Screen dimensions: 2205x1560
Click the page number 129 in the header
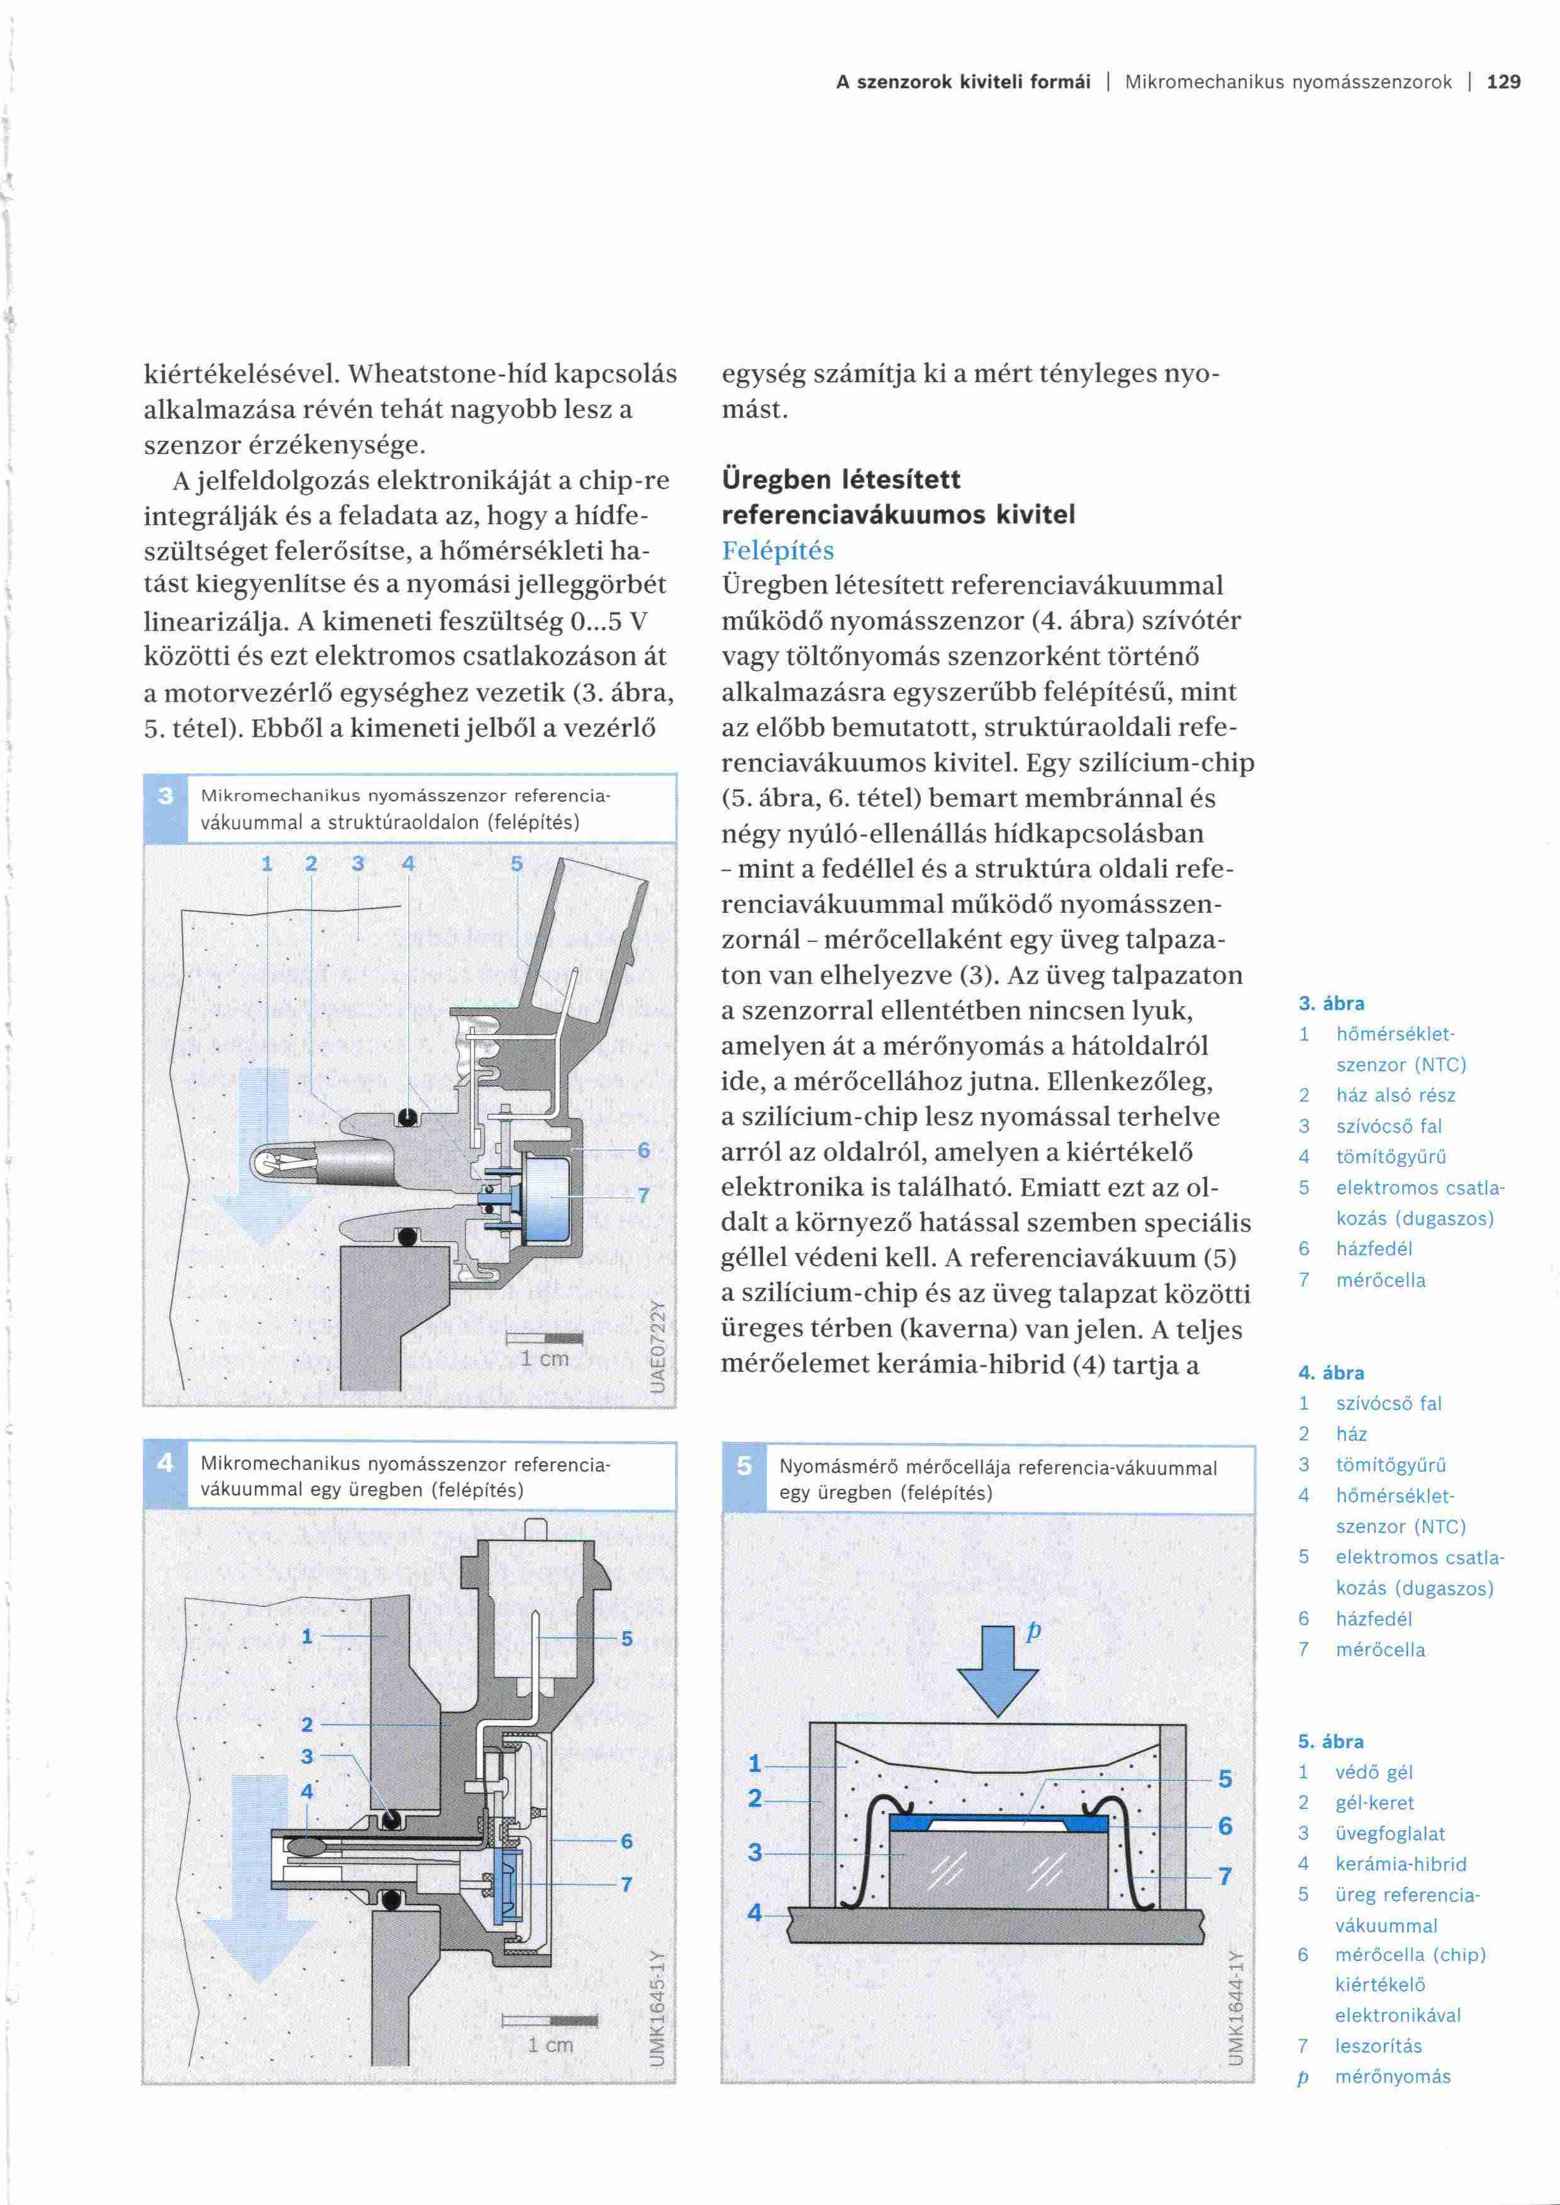click(x=1503, y=82)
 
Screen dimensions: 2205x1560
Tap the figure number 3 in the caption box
click(x=166, y=795)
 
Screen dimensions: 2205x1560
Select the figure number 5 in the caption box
click(x=744, y=1466)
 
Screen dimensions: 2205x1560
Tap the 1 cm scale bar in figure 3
click(x=543, y=1338)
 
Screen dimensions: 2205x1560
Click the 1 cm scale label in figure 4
click(x=550, y=2045)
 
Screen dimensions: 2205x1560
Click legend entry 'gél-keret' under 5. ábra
click(x=1374, y=1803)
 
